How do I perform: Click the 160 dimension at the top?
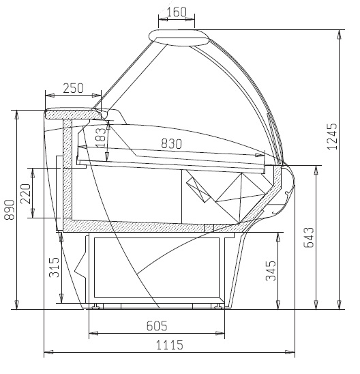point(177,12)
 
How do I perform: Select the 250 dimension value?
point(74,88)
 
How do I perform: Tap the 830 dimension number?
point(172,143)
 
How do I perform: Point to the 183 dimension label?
point(101,138)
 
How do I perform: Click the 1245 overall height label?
point(332,136)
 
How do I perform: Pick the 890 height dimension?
point(10,210)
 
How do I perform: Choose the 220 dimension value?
point(26,193)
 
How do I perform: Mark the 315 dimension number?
point(54,267)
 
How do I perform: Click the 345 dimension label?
point(271,271)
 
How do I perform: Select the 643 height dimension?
point(309,238)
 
